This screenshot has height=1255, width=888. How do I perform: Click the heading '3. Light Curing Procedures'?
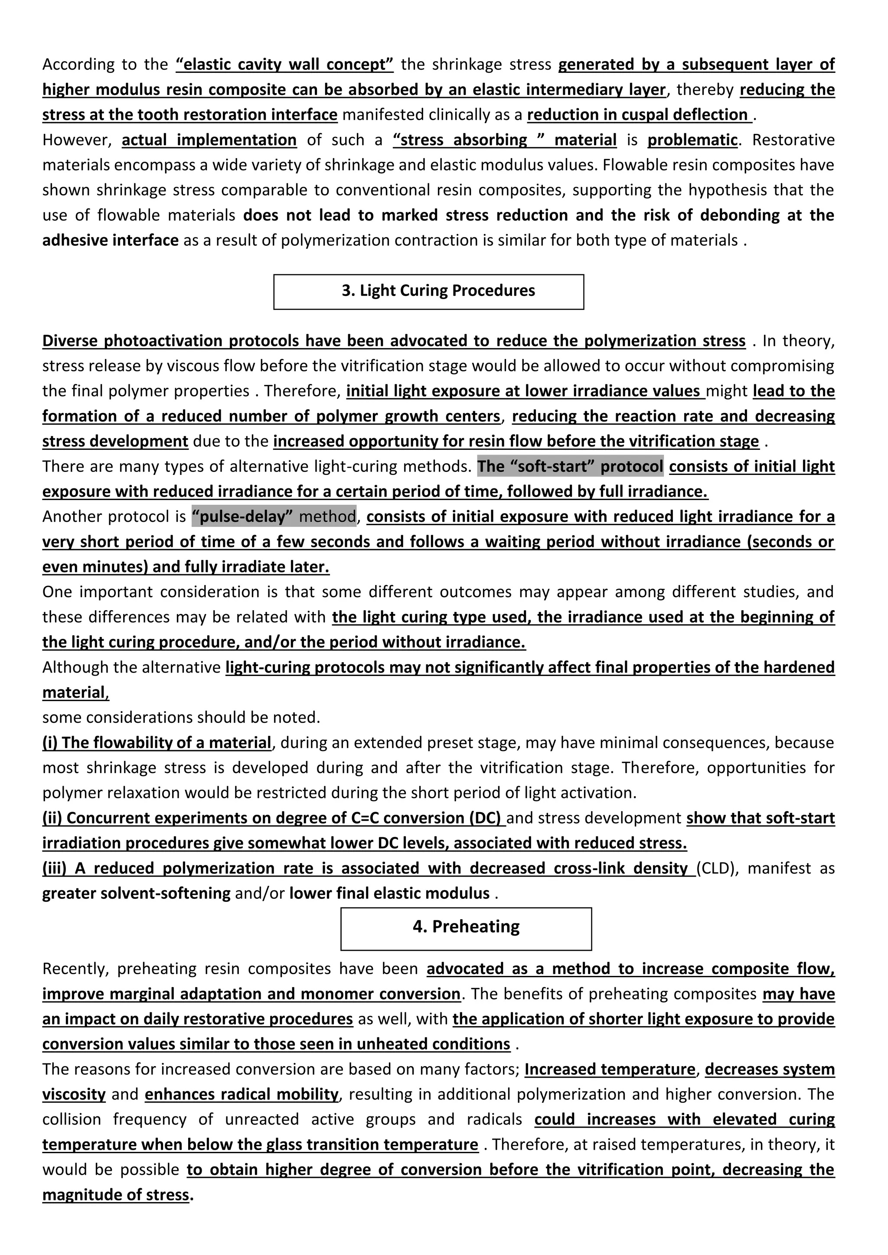point(438,291)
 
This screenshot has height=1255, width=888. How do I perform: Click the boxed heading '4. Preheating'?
point(466,927)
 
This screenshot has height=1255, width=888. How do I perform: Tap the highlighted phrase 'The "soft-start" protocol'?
point(570,466)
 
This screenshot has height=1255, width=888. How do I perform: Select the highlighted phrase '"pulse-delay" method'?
point(274,517)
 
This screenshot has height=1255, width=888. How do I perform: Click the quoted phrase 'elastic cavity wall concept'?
point(284,65)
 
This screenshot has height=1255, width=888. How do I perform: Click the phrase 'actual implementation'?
point(209,140)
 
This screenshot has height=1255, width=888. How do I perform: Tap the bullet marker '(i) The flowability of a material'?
point(157,743)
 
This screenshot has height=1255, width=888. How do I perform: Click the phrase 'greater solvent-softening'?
point(136,894)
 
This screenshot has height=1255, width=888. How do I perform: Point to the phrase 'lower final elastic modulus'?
point(389,894)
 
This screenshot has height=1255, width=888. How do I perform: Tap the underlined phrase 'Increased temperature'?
point(609,1070)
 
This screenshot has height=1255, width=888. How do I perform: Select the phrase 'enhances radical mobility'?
point(242,1095)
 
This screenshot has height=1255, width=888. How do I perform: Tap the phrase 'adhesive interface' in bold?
point(111,241)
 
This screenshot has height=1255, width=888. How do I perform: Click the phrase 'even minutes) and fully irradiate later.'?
point(186,567)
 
